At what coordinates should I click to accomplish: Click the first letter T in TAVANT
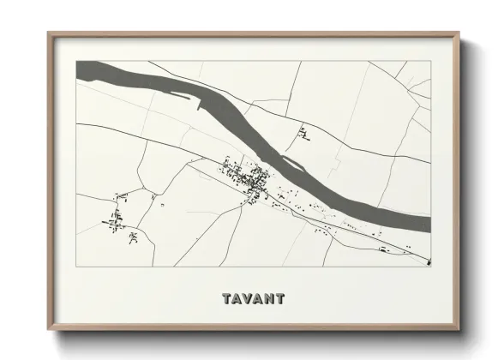[x=226, y=299]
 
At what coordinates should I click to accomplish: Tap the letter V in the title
[x=248, y=299]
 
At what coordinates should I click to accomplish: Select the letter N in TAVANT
[x=269, y=299]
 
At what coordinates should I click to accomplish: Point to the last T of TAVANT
[x=280, y=299]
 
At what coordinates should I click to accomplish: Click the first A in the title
[x=237, y=299]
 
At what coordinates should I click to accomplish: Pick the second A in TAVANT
[x=258, y=299]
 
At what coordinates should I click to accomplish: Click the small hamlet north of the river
[x=303, y=132]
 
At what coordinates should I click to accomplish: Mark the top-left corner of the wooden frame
[x=49, y=33]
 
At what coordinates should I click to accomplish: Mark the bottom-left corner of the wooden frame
[x=49, y=329]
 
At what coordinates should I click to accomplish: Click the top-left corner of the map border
[x=76, y=60]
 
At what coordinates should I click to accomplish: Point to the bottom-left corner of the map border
[x=76, y=266]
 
